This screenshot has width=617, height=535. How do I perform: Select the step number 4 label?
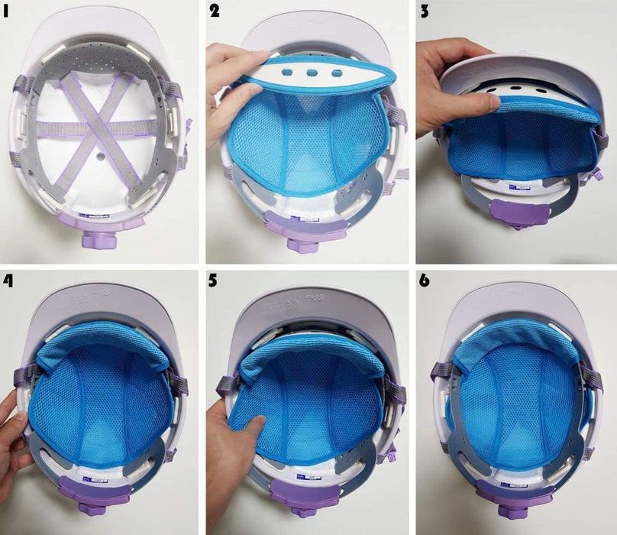(x=9, y=281)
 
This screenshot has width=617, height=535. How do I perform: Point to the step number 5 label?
(x=215, y=281)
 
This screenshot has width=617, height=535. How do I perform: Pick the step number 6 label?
(x=425, y=281)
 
